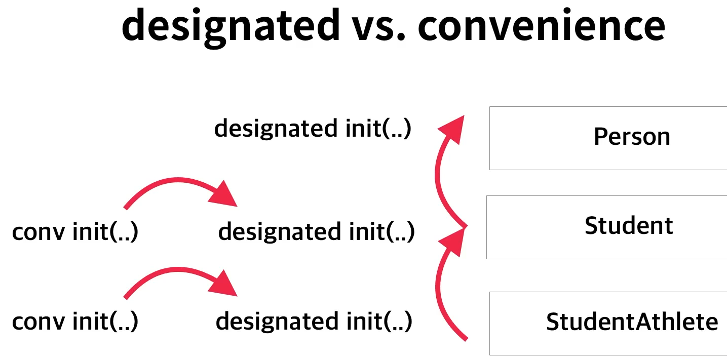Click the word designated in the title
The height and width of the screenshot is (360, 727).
[231, 25]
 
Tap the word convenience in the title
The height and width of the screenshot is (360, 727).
[541, 25]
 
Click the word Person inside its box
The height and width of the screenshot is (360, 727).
[632, 137]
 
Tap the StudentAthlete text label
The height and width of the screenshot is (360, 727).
[632, 322]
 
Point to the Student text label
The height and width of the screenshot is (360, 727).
[629, 226]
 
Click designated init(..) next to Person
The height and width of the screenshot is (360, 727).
[313, 129]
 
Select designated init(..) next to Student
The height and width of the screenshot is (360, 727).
[316, 232]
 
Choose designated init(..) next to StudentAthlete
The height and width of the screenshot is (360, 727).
[314, 322]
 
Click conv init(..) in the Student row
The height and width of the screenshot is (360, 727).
[75, 232]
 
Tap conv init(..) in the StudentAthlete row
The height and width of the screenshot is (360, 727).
[75, 322]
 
